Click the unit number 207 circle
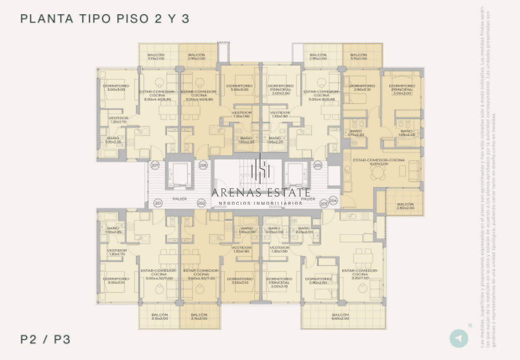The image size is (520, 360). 155,165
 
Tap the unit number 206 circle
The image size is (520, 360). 202,165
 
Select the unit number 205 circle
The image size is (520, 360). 318,165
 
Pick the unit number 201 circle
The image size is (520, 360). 158,203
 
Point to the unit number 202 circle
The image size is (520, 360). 201,203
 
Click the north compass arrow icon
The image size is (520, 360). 459,338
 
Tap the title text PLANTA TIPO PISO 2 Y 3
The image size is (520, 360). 105,19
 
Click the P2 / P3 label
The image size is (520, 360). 45,339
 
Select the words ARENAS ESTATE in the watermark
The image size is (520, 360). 261,192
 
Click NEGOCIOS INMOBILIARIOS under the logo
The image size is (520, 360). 261,203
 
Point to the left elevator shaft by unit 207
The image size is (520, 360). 179,175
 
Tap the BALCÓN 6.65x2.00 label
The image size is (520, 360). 340,317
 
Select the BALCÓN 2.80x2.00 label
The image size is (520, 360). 405,206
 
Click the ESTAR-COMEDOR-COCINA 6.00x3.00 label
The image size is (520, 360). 379,162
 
